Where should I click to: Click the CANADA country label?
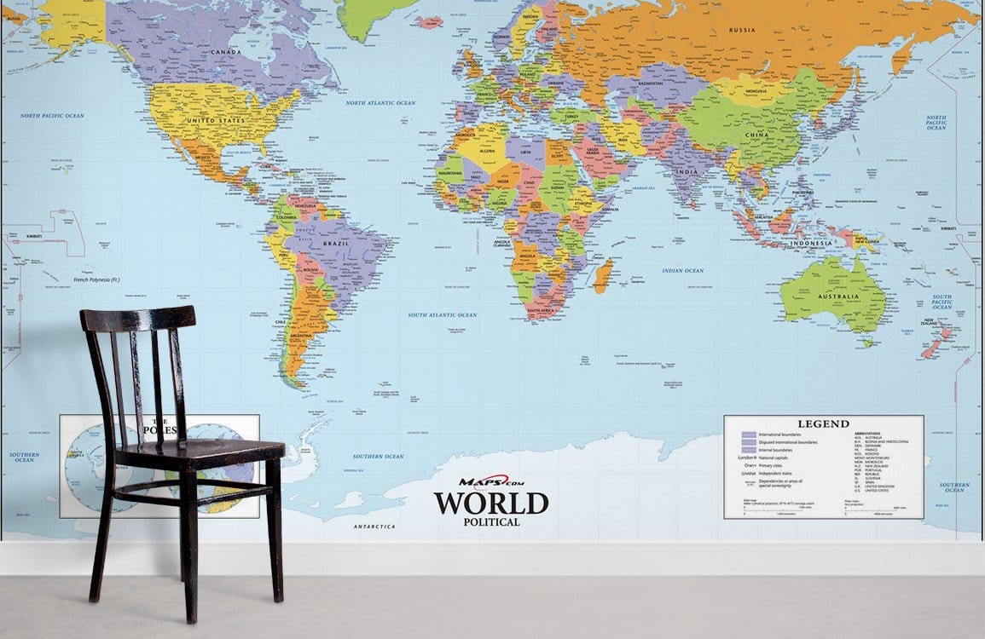(x=226, y=52)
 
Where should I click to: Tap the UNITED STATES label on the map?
(x=216, y=121)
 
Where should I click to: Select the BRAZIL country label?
(x=335, y=244)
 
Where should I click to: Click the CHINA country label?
(x=756, y=135)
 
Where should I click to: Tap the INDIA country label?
(x=687, y=172)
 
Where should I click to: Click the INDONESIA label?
(x=809, y=244)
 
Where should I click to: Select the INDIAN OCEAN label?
(x=683, y=271)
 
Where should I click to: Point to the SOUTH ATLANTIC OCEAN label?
(x=442, y=315)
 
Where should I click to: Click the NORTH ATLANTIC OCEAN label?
(x=380, y=103)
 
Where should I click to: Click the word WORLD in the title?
(x=490, y=504)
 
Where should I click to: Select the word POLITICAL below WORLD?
(x=491, y=521)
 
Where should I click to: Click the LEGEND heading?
(x=823, y=423)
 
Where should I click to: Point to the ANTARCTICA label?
(x=374, y=527)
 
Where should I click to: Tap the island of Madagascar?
(x=603, y=276)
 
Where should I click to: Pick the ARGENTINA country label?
(x=302, y=336)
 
